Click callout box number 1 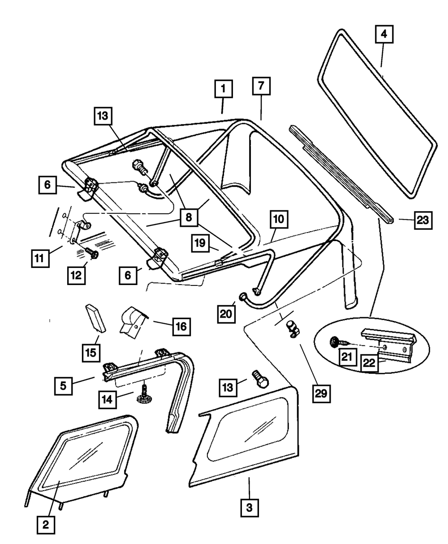tap(223, 89)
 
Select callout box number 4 tap(383, 34)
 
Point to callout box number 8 tap(189, 218)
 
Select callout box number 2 tap(46, 524)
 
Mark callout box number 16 tap(181, 325)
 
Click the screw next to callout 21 tap(336, 342)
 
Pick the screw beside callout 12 tap(92, 254)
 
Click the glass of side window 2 tap(87, 459)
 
